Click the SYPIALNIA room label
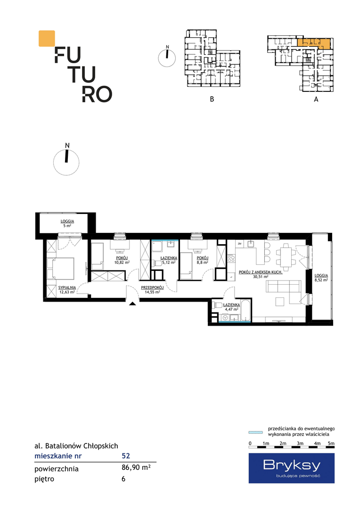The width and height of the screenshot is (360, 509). (67, 287)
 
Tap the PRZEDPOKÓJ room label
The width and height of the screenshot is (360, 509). (152, 287)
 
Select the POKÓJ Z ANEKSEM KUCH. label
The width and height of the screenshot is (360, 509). (261, 272)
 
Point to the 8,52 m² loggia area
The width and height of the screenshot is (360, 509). (321, 279)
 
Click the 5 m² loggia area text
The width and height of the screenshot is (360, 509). (67, 226)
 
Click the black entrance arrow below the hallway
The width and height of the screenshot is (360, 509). (132, 304)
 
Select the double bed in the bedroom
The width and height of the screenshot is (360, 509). (60, 269)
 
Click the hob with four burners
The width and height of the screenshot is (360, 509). (231, 258)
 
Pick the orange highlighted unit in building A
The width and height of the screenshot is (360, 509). (315, 43)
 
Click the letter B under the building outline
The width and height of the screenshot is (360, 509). (212, 99)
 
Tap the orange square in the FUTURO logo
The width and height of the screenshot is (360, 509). (47, 39)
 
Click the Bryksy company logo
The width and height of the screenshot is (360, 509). (292, 468)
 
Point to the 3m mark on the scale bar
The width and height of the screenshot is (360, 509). (300, 443)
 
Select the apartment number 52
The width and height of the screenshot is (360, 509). (126, 456)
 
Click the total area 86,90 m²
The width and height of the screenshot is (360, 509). (136, 468)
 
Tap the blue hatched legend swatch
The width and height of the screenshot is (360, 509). (256, 432)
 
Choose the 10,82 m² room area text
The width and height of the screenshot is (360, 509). (122, 263)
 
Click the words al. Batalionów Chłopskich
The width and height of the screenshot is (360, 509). (76, 446)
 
